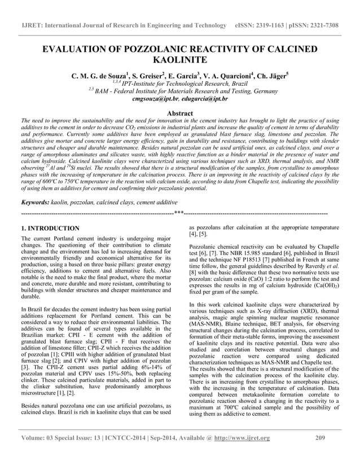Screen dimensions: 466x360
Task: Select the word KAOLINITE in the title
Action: [179, 61]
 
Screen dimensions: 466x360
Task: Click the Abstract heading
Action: [180, 113]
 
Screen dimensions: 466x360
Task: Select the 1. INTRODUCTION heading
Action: [50, 228]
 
